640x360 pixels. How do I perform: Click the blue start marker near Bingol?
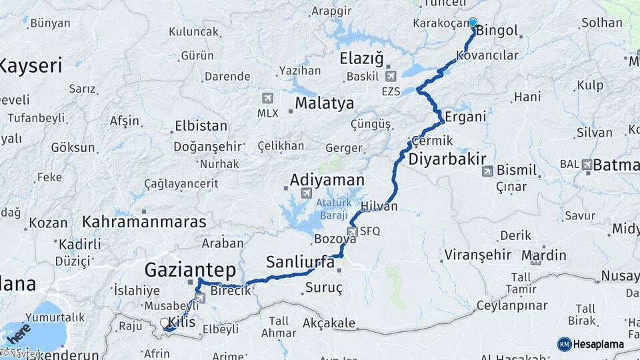[x=473, y=22]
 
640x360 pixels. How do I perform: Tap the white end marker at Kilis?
[x=165, y=323]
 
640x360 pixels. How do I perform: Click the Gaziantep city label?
[x=191, y=270]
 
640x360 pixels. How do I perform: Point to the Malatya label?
[x=324, y=103]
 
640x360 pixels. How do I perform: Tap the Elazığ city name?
[x=361, y=58]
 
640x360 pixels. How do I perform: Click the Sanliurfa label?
[x=300, y=261]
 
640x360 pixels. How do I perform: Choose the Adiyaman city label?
[x=327, y=180]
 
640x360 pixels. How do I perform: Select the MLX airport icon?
[x=268, y=98]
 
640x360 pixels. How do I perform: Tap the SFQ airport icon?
[x=353, y=231]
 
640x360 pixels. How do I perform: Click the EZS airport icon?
[x=390, y=76]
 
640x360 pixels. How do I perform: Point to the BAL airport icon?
[x=587, y=164]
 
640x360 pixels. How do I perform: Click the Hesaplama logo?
[x=590, y=344]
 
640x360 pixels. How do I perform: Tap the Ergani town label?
[x=466, y=117]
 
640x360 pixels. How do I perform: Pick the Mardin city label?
[x=543, y=255]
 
